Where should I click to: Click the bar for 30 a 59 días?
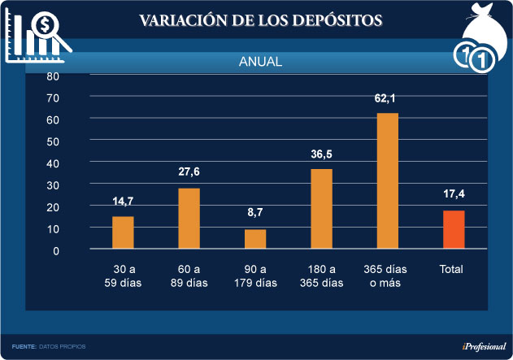point(123,232)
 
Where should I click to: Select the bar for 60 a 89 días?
point(189,218)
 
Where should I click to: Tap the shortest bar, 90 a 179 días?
point(255,239)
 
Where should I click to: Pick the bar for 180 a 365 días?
point(321,208)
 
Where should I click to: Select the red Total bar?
point(454,229)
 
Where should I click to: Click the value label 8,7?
point(254,213)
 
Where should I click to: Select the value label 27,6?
point(189,171)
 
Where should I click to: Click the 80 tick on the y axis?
point(53,76)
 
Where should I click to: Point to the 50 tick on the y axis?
point(53,141)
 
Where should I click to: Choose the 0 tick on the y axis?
point(56,250)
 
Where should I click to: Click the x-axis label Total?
point(452,268)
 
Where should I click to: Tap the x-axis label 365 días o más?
point(387,275)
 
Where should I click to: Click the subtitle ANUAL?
point(260,62)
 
